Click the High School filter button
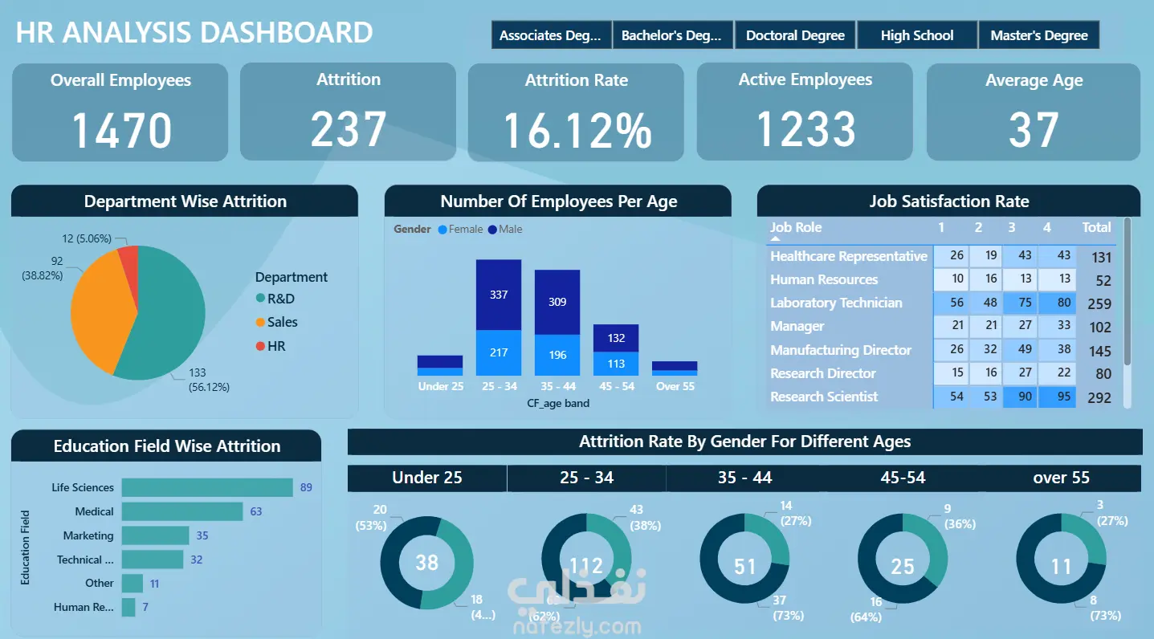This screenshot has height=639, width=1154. click(x=917, y=35)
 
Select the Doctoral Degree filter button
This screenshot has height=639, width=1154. click(x=795, y=35)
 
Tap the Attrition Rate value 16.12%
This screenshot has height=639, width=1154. click(x=577, y=130)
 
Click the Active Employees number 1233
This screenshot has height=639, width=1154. click(x=805, y=129)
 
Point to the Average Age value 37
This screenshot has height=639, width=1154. click(x=1034, y=130)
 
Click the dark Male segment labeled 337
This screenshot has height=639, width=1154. click(x=499, y=295)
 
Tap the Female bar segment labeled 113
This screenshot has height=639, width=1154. click(x=616, y=363)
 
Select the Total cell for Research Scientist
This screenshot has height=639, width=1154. click(x=1099, y=397)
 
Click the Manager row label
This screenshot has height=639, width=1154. click(x=797, y=327)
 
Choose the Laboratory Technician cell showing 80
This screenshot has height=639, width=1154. click(x=1056, y=303)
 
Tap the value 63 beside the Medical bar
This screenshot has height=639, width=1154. click(x=256, y=511)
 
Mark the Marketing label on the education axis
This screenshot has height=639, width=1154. click(x=88, y=535)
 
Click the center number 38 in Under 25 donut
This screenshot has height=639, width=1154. click(x=426, y=563)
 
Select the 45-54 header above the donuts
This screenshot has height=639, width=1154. click(x=903, y=478)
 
